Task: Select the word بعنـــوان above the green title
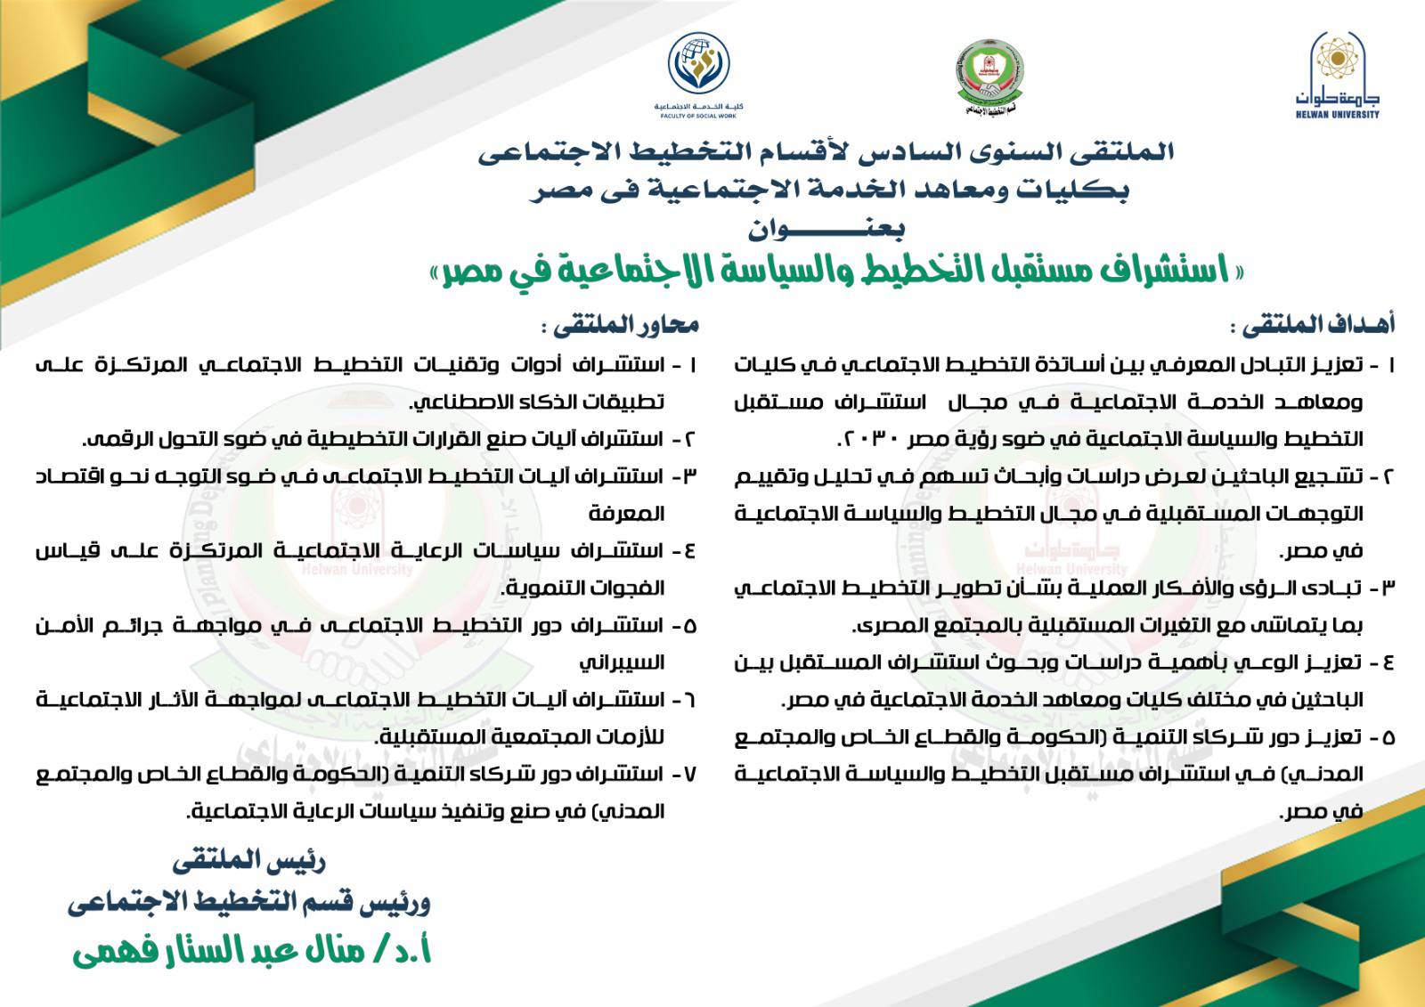point(826,230)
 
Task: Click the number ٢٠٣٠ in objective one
point(877,439)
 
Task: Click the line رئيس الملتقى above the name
point(248,861)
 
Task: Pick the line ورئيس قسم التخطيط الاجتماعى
point(248,905)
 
